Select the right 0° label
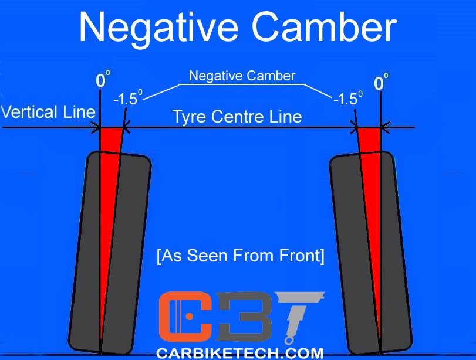[380, 83]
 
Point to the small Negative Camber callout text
[242, 76]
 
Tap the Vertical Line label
[48, 111]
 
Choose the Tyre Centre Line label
[237, 116]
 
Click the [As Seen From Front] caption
[240, 256]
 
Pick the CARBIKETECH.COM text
[239, 353]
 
